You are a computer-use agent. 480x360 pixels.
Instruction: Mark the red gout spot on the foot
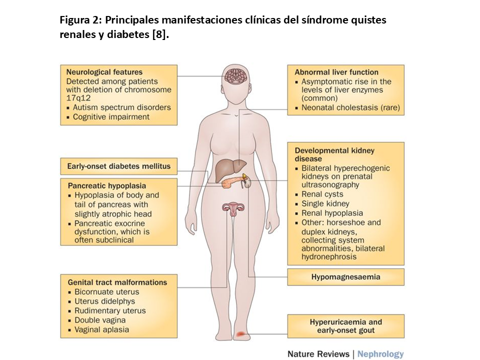click(x=241, y=333)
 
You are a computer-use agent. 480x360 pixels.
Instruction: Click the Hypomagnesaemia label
click(x=345, y=276)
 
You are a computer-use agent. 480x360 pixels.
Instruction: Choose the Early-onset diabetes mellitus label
click(x=118, y=166)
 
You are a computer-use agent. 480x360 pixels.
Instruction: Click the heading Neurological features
click(x=104, y=72)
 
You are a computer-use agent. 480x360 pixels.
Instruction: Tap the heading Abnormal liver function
click(x=336, y=72)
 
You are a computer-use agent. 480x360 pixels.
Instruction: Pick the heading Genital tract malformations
click(x=116, y=282)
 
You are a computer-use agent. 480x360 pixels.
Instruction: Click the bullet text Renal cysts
click(x=322, y=194)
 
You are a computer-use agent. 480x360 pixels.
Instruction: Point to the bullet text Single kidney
click(x=325, y=203)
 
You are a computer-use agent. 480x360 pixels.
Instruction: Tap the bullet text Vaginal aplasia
click(x=101, y=329)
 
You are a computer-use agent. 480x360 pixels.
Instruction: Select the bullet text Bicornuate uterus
click(x=106, y=291)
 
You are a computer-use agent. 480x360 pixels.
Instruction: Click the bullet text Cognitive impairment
click(x=111, y=116)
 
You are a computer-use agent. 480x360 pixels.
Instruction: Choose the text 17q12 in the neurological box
click(x=78, y=98)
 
